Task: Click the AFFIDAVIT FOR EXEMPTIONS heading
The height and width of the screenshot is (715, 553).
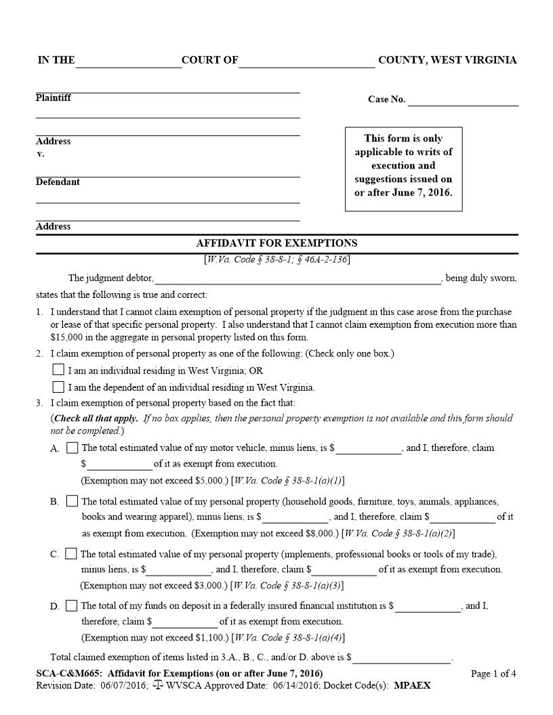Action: click(x=276, y=243)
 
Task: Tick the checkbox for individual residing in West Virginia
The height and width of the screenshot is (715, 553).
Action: click(x=58, y=370)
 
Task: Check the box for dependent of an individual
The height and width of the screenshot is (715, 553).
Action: click(x=58, y=387)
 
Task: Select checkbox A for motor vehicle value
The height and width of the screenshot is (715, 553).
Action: click(x=73, y=448)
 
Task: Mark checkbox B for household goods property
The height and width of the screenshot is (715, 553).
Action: click(x=73, y=501)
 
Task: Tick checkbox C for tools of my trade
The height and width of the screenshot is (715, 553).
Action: click(x=71, y=554)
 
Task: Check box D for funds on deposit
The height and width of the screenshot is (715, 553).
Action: click(x=72, y=605)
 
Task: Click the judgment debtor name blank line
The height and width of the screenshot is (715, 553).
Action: click(x=298, y=279)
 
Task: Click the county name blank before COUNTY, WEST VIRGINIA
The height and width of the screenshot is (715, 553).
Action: click(x=307, y=62)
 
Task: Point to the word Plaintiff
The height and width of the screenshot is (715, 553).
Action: click(x=54, y=97)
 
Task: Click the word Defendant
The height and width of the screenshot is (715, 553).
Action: click(x=58, y=182)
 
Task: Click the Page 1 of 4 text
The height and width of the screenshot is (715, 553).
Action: click(x=493, y=674)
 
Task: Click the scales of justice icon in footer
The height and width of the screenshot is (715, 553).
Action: click(x=158, y=685)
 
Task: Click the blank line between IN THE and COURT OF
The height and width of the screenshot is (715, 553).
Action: click(x=129, y=62)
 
